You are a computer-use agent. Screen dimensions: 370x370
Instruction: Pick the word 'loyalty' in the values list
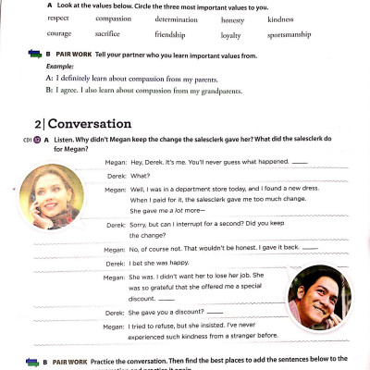(x=229, y=34)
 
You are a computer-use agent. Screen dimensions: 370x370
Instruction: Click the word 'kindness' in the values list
(x=280, y=18)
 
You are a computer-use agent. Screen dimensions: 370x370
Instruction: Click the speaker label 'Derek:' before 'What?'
(x=116, y=174)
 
